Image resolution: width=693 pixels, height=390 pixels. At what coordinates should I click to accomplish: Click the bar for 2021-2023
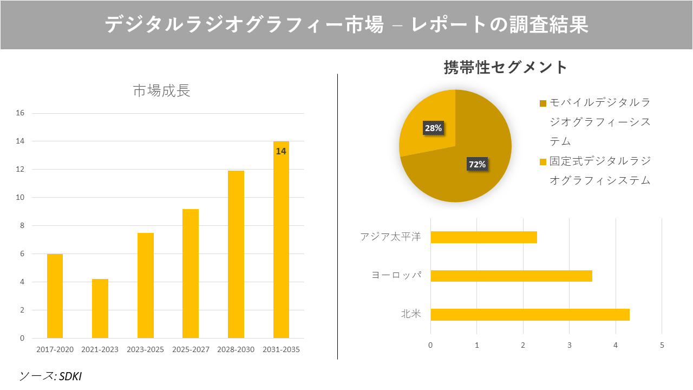click(x=100, y=308)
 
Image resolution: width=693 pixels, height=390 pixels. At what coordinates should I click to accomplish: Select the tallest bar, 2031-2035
click(x=281, y=244)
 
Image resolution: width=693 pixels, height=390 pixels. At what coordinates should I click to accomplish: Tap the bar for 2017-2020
click(x=55, y=296)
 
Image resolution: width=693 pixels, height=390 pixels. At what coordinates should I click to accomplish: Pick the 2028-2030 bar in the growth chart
click(x=236, y=255)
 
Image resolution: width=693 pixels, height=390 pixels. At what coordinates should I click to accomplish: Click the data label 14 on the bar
click(x=281, y=151)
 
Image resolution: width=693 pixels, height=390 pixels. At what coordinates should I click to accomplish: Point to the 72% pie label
click(x=477, y=164)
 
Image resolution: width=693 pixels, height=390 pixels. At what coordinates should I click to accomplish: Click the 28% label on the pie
click(x=433, y=128)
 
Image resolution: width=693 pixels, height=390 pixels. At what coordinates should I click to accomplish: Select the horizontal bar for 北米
click(x=529, y=315)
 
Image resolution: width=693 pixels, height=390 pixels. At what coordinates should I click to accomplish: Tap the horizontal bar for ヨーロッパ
click(x=511, y=276)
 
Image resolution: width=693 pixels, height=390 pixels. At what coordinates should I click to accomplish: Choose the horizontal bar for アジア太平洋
click(x=483, y=237)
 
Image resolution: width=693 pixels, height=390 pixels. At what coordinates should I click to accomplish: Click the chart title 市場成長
click(x=161, y=91)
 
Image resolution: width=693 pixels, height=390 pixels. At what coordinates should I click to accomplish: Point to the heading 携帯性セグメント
click(x=505, y=67)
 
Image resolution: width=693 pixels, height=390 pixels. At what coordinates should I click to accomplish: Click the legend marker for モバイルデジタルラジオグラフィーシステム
click(x=543, y=103)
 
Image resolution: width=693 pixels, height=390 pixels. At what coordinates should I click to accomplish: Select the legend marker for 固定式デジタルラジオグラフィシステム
click(x=543, y=161)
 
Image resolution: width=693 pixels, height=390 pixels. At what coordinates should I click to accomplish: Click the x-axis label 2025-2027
click(x=191, y=350)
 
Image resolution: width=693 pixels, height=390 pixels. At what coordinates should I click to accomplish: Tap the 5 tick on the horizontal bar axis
click(x=662, y=345)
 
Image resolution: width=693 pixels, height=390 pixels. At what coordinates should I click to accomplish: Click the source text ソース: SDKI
click(x=50, y=376)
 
